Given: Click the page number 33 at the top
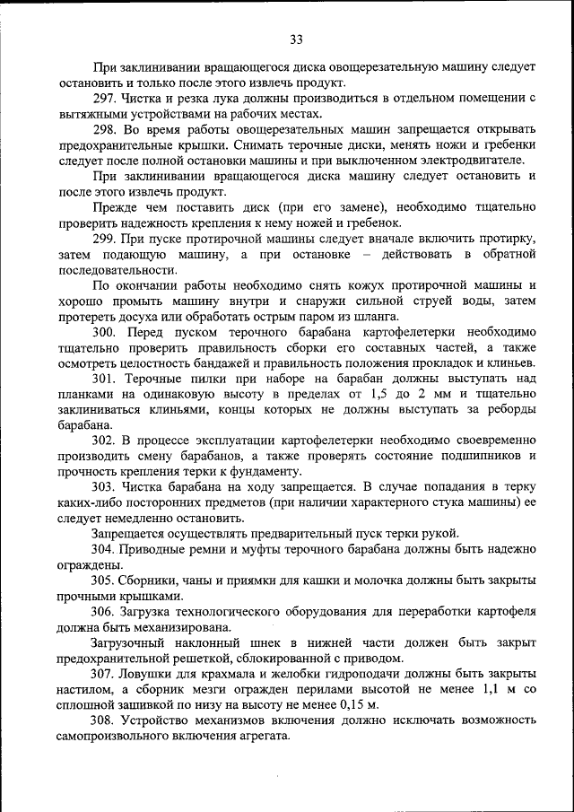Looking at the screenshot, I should pos(296,39).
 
